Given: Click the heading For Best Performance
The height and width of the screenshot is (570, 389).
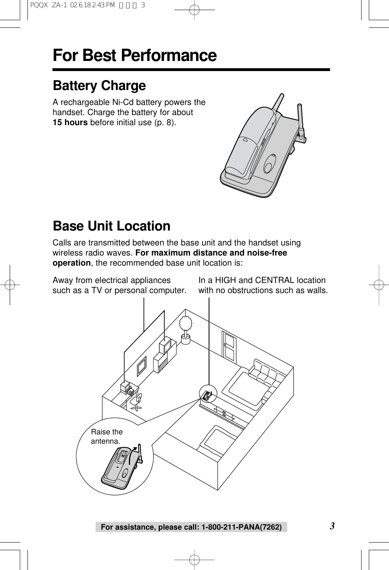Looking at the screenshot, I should point(134,55).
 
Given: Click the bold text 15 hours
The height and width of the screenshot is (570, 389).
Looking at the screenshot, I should point(70,122).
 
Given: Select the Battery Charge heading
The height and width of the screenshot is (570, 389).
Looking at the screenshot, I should point(99,86).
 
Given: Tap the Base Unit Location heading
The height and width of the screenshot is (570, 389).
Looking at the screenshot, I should point(111,226).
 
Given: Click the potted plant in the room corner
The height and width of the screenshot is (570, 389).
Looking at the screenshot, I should point(186,329).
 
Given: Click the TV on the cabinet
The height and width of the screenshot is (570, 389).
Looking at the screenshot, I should point(167,346).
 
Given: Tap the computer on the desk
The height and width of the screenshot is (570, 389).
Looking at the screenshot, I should point(129,388).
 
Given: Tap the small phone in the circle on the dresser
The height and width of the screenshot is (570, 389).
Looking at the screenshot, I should point(208,395).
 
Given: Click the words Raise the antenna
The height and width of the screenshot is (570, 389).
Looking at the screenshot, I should point(107,436).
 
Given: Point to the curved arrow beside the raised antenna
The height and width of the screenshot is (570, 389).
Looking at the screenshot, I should point(132,458).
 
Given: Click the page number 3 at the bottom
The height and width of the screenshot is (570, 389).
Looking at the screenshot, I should point(332,526).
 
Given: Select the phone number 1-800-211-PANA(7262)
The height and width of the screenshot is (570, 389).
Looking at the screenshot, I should point(241,527).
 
